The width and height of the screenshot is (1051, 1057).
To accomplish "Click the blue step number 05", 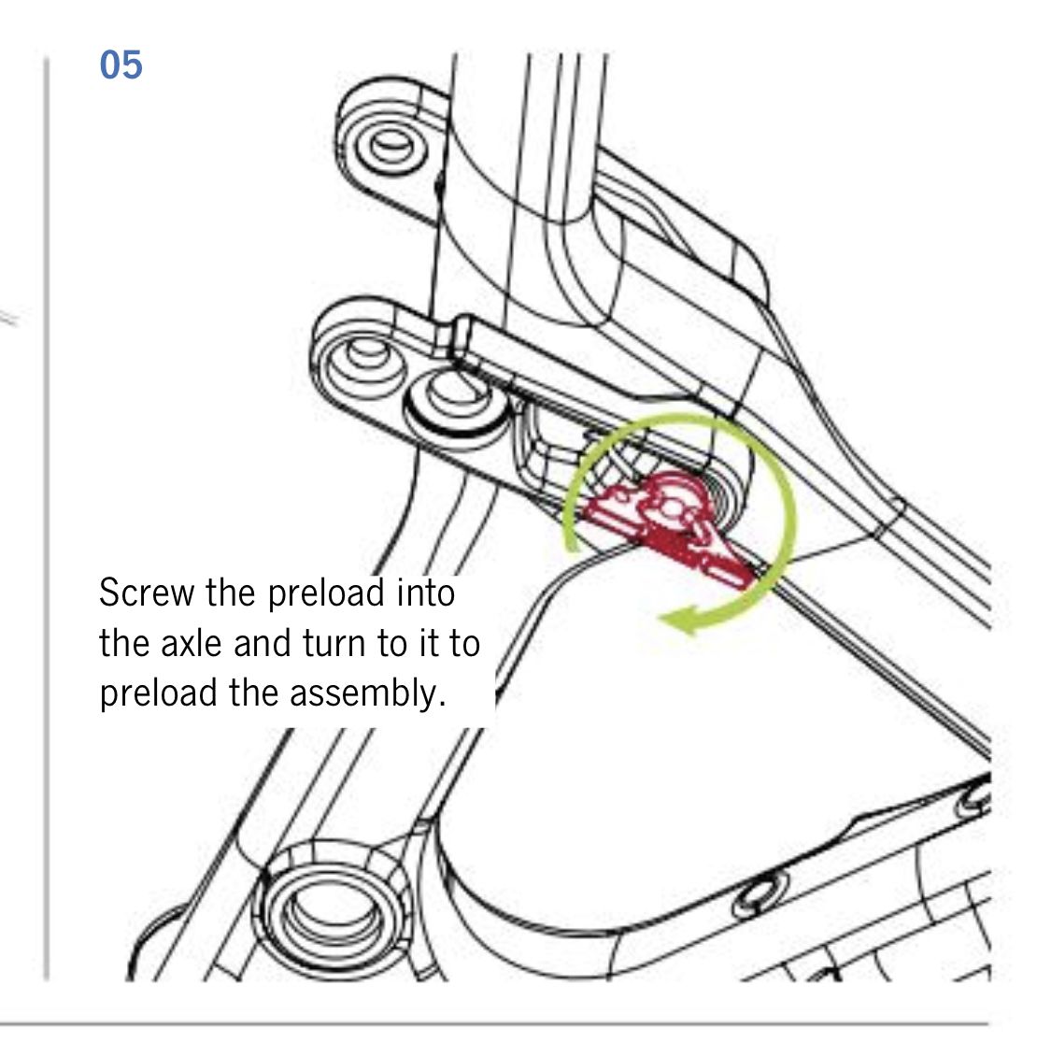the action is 121,65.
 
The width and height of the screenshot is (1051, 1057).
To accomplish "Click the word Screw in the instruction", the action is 146,593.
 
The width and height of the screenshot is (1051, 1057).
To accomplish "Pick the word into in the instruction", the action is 426,593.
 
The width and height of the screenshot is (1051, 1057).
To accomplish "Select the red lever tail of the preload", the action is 724,556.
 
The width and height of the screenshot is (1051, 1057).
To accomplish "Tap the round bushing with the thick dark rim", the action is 457,401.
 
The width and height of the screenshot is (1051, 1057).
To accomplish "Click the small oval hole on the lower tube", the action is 759,893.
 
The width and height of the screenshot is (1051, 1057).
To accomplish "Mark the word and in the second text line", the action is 263,643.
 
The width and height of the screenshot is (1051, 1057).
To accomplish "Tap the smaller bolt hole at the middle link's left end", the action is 367,351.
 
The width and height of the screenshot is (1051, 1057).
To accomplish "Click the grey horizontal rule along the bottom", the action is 494,1024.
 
